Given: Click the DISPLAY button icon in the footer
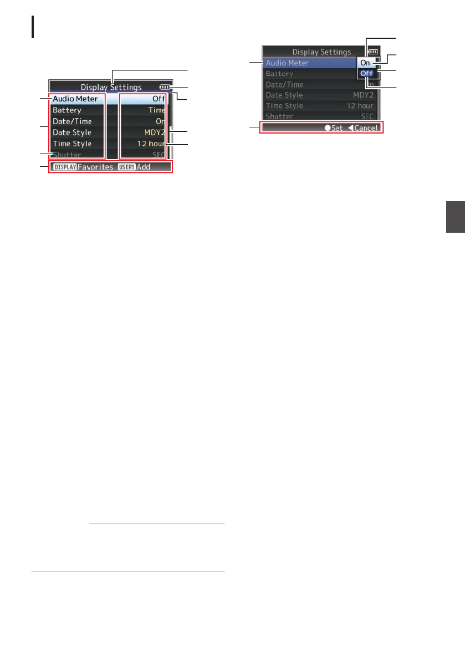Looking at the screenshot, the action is pos(64,167).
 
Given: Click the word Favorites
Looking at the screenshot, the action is pos(95,167).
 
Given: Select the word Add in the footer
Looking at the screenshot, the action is pos(144,167).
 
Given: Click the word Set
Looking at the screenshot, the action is pos(337,128).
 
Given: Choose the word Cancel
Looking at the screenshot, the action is pos(366,128).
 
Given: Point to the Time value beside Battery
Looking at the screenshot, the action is pos(157,110).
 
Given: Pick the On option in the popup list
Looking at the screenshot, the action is pos(365,63).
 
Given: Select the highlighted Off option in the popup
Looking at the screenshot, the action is pos(366,74).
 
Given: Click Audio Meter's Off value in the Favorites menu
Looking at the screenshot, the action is pos(160,99).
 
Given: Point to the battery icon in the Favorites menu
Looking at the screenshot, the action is pos(165,87).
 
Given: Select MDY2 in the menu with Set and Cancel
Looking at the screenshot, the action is pos(363,95).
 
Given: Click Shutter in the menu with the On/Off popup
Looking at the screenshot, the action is pos(279,116).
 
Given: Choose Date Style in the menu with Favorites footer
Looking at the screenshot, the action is pos(72,132).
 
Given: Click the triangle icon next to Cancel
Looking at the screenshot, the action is pos(350,128).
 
